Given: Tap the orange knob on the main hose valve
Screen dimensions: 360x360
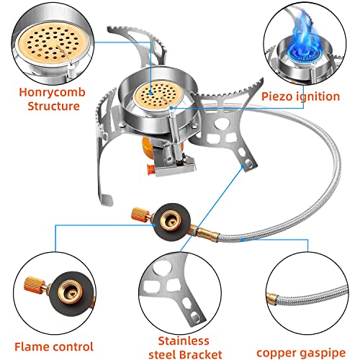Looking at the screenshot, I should (x=138, y=214).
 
